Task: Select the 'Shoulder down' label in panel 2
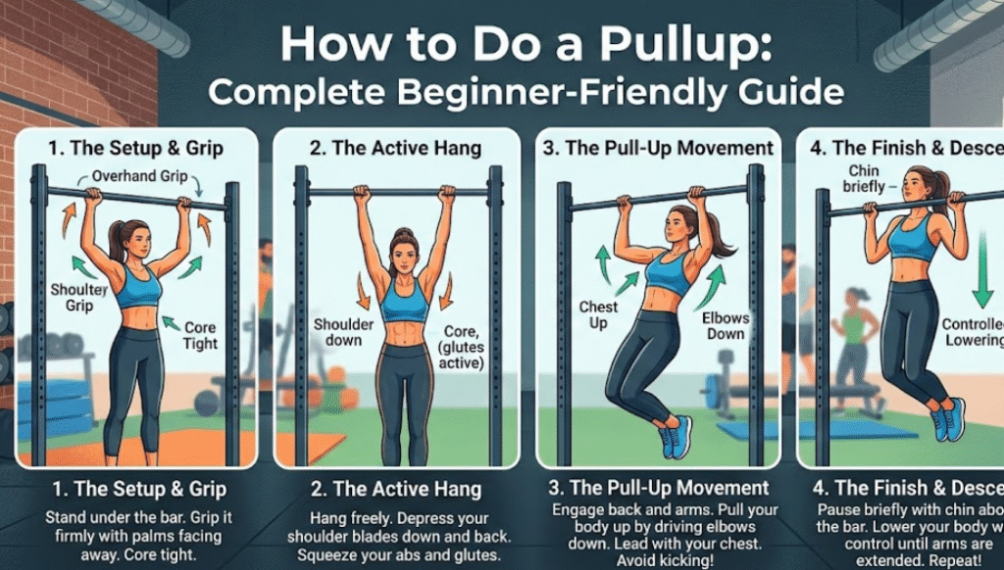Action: click(338, 332)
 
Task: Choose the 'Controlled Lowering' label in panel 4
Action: click(972, 332)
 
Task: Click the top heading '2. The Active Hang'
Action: click(397, 149)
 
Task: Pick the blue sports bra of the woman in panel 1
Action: click(138, 286)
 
